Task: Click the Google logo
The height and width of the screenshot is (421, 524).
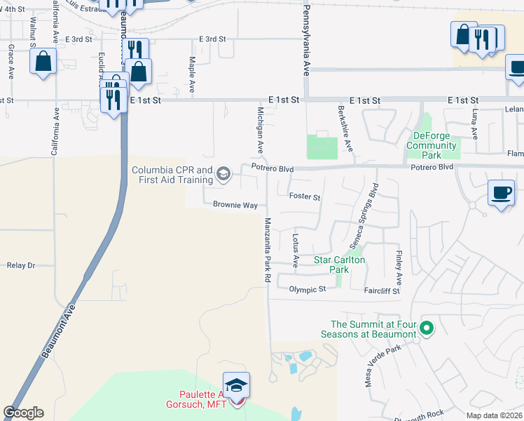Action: tap(23, 413)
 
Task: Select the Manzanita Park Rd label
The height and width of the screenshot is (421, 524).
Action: tap(267, 250)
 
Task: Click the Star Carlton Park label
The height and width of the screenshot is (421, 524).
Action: tap(340, 265)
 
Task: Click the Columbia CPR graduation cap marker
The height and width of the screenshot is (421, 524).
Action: tap(223, 174)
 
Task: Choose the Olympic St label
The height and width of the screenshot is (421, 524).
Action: tap(303, 289)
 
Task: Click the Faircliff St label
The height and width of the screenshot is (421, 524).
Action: tap(381, 290)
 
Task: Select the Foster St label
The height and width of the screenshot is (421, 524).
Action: tap(305, 197)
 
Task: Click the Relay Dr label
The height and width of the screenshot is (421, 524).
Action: tap(21, 265)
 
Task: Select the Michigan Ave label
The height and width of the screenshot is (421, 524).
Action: tap(260, 131)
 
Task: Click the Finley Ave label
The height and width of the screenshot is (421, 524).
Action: tap(399, 263)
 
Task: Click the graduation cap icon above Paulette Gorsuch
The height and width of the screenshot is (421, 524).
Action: tap(237, 385)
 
